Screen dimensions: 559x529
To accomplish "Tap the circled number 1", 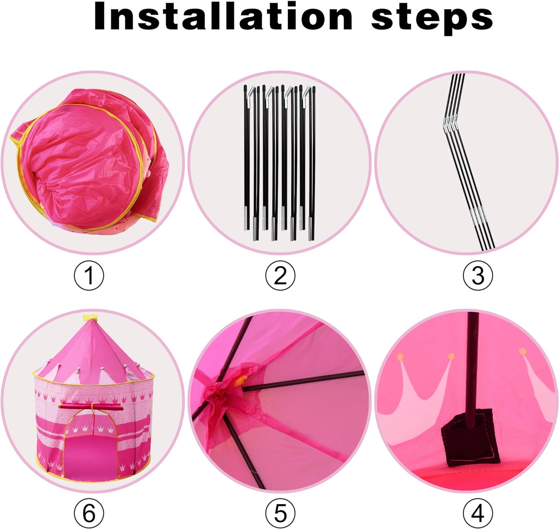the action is coord(89,276).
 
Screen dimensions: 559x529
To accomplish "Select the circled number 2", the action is coord(280,276).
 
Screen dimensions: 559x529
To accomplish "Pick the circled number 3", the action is coord(478,276).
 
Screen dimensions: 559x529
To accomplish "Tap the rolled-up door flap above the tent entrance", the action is coord(91,406).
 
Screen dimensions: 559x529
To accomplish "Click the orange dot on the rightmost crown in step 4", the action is coord(523,351).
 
